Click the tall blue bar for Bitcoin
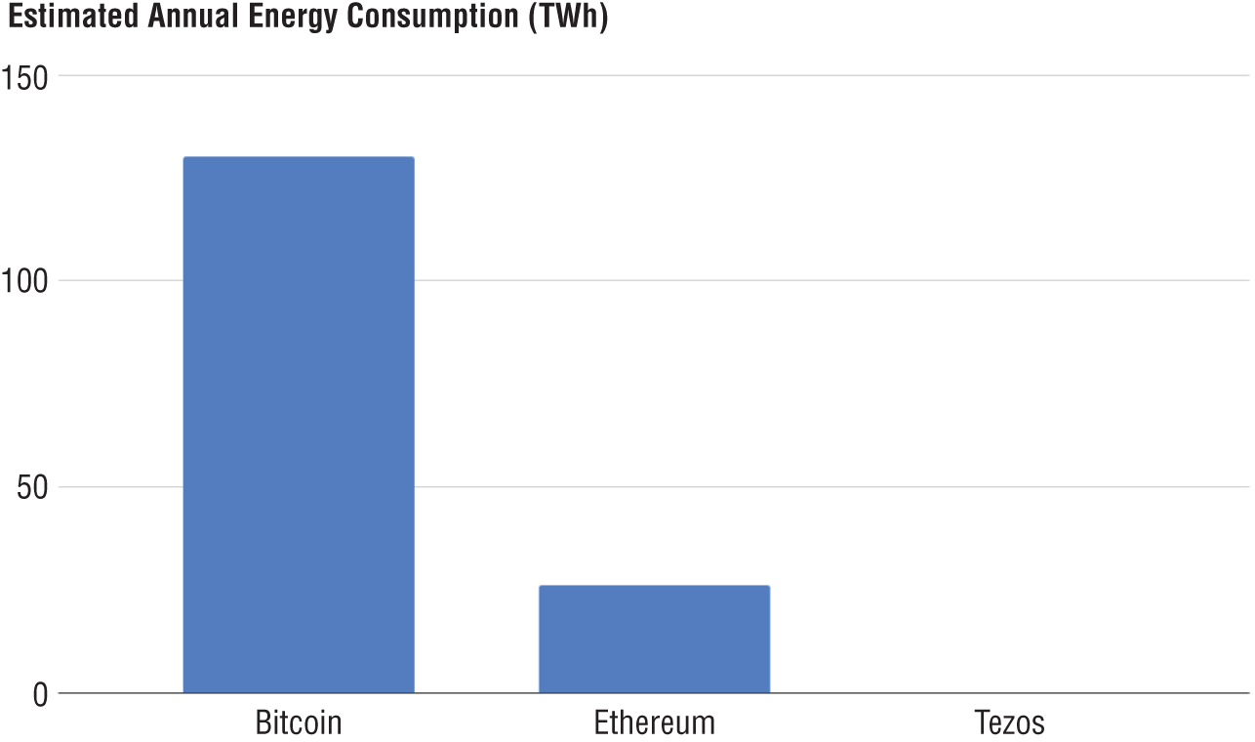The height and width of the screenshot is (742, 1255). (x=299, y=425)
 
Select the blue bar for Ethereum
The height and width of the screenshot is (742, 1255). (x=654, y=639)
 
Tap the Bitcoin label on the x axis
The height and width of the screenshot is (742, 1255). (x=299, y=722)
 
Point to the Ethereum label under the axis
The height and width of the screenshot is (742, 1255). (x=654, y=722)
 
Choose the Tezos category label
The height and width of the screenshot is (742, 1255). (x=1009, y=722)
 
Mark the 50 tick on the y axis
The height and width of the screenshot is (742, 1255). (x=34, y=488)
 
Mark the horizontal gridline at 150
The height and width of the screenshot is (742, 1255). (x=781, y=76)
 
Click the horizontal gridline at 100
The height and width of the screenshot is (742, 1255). (x=781, y=281)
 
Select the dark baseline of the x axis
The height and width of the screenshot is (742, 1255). (x=976, y=693)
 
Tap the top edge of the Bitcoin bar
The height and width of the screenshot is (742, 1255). (x=299, y=157)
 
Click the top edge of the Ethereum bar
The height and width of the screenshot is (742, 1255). (x=654, y=586)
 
